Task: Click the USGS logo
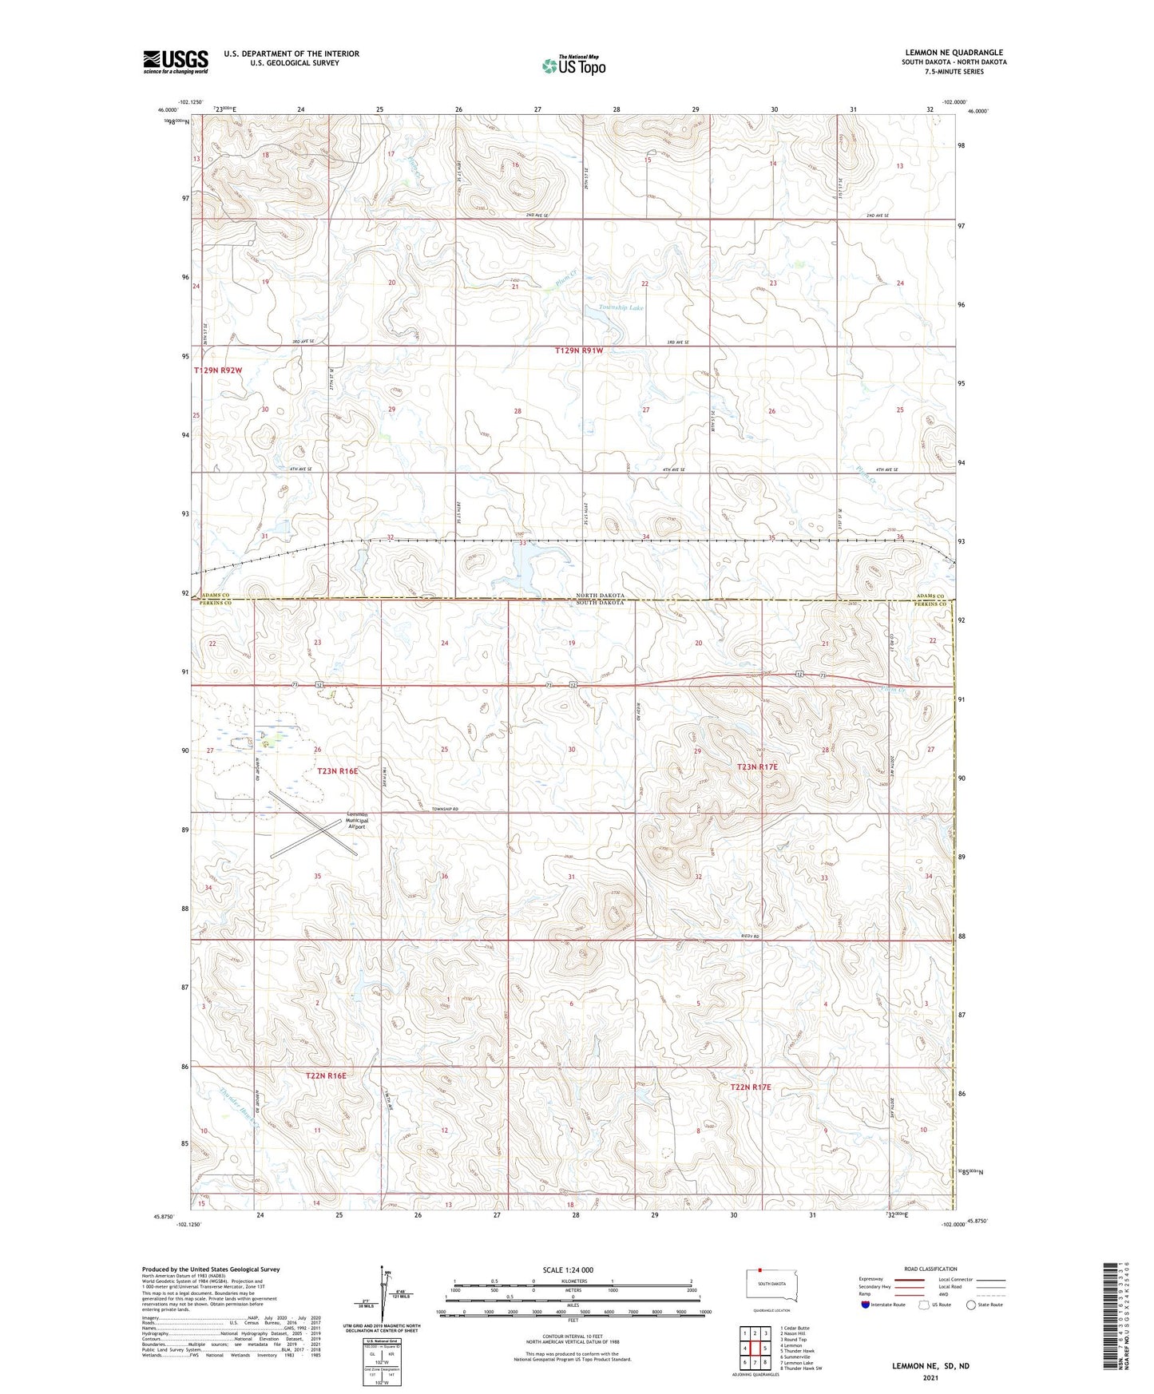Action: click(x=176, y=61)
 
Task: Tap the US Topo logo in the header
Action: click(x=573, y=65)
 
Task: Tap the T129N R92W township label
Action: click(x=217, y=370)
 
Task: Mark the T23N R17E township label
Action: click(x=756, y=766)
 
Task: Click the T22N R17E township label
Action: click(x=750, y=1087)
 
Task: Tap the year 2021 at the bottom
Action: click(x=930, y=1377)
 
